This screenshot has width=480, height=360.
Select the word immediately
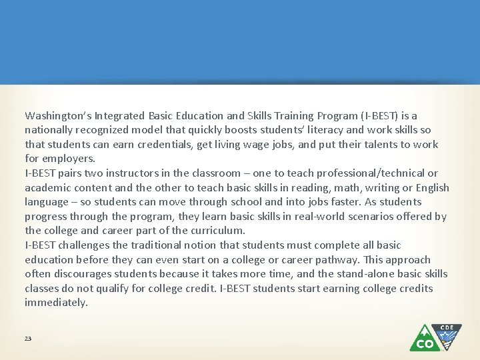coord(56,303)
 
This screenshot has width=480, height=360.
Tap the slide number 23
coord(28,339)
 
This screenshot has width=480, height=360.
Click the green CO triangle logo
coord(425,339)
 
